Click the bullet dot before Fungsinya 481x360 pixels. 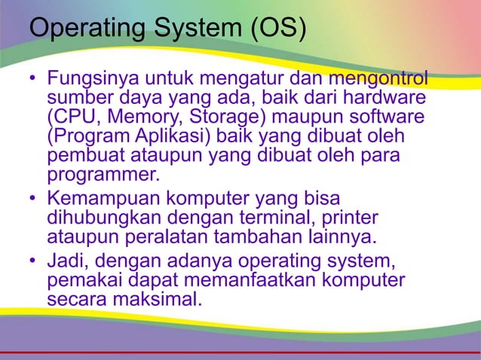[x=32, y=79]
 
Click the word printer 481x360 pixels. [x=351, y=218]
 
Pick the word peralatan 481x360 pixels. [x=164, y=238]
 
